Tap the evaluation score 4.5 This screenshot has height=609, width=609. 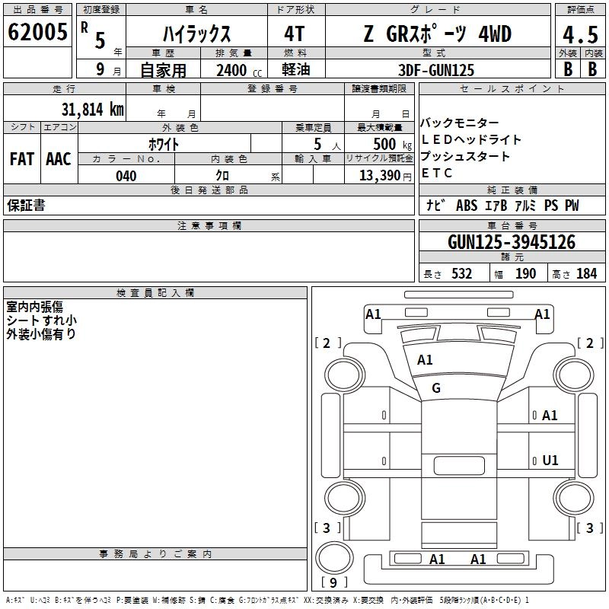pos(579,34)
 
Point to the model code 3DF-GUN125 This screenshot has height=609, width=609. pos(436,70)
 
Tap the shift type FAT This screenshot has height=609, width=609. pos(21,159)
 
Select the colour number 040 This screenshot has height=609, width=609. pos(126,176)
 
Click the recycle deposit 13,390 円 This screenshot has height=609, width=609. pos(379,176)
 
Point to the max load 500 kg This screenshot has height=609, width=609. pos(378,144)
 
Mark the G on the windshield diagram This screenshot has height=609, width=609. pos(436,388)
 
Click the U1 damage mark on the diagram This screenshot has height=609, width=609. pos(550,460)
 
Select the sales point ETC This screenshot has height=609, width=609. pos(437,173)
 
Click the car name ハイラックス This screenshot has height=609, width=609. pos(196,34)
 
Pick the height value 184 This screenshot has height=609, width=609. pos(586,274)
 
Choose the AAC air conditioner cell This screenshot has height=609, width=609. pos(59,159)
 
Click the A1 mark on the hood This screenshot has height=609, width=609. pos(425,360)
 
